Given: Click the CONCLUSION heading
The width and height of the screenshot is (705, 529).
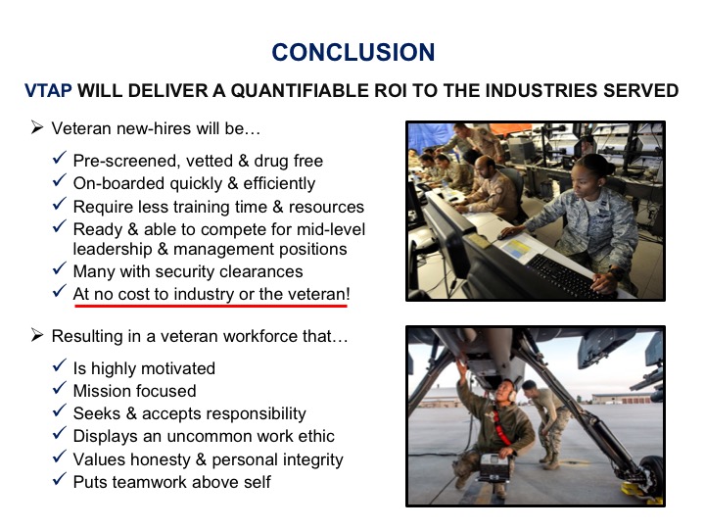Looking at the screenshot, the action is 353,52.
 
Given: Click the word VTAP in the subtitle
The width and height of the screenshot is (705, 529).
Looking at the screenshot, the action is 48,90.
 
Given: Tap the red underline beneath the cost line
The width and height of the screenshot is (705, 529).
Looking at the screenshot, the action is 211,306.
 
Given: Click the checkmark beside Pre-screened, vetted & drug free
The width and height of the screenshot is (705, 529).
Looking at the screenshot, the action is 60,158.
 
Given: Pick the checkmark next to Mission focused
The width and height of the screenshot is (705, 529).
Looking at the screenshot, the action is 60,388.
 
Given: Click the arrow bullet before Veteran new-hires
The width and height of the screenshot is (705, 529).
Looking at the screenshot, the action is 37,127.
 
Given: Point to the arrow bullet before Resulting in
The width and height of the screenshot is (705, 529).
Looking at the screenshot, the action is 37,336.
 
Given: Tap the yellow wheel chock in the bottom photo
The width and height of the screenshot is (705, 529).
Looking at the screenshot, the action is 640,493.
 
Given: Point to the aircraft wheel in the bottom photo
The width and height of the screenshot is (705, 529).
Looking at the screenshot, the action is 650,478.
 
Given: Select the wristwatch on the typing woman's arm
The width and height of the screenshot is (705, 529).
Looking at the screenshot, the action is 616,272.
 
